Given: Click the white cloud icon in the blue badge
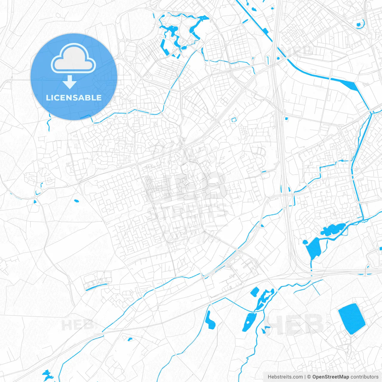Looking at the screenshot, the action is (x=73, y=58).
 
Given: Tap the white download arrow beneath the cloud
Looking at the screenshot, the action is (x=70, y=82).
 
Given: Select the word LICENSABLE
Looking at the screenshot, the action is (x=74, y=98).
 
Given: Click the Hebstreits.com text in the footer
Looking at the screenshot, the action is (x=285, y=377).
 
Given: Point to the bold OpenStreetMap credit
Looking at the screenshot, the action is (x=330, y=377).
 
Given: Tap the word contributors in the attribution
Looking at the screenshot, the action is (x=364, y=377).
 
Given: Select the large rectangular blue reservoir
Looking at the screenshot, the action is (x=352, y=318).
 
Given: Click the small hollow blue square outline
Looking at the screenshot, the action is (x=234, y=120).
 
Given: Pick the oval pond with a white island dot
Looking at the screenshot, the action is (x=249, y=322).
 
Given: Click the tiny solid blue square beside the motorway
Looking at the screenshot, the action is (x=286, y=118).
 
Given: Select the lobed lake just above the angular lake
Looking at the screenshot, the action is (x=331, y=230).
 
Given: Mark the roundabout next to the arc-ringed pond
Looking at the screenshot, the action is (x=369, y=36).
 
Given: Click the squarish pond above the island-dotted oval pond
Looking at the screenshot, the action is (x=255, y=292).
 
